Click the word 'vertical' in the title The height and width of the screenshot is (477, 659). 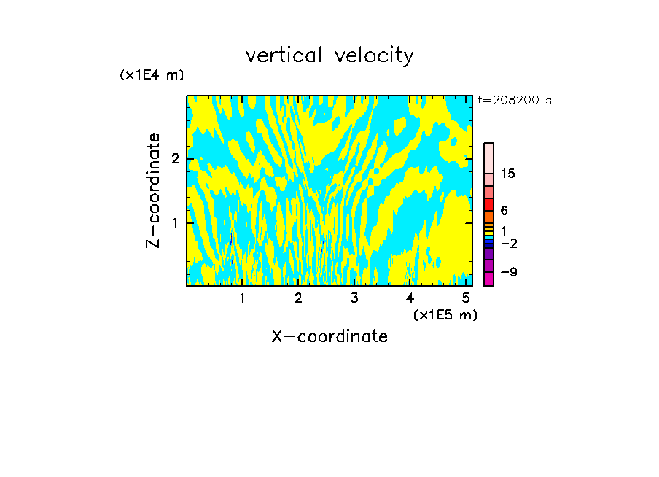click(284, 55)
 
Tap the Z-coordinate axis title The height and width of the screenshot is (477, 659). click(153, 190)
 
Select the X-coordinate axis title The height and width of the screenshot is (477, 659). click(329, 336)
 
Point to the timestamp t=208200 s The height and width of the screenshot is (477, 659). click(515, 100)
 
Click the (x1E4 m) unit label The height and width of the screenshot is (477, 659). click(152, 74)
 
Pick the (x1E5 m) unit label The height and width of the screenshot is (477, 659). click(445, 314)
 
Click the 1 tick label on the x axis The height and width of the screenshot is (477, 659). click(243, 298)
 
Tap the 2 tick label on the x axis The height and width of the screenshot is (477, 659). click(298, 298)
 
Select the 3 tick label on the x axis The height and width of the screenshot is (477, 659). click(354, 298)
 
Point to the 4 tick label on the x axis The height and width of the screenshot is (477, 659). click(410, 298)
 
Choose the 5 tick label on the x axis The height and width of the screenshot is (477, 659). click(466, 298)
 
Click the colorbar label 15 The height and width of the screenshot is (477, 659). click(508, 174)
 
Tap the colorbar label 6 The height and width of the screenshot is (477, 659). click(504, 211)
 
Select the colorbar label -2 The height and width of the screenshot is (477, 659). click(508, 243)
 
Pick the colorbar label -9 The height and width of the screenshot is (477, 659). click(508, 272)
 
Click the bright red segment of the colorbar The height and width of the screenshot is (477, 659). click(488, 204)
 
